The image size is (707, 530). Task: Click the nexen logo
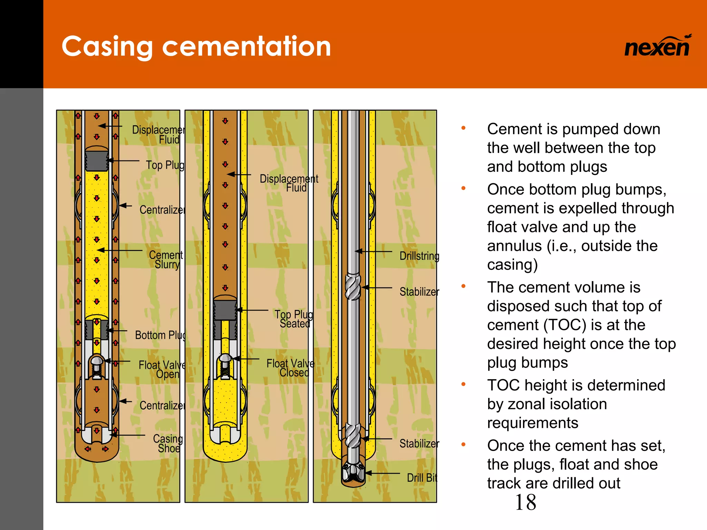(x=657, y=47)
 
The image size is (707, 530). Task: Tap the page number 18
(x=525, y=502)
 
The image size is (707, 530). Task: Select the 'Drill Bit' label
(x=422, y=478)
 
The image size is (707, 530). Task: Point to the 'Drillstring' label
(x=419, y=256)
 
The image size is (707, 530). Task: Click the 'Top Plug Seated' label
(x=294, y=319)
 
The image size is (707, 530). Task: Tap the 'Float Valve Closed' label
(x=290, y=368)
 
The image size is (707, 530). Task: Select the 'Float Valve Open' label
(x=162, y=370)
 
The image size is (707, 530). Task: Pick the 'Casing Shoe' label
(x=168, y=443)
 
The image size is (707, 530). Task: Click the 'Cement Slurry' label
(x=166, y=259)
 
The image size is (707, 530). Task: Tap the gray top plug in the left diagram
(x=97, y=159)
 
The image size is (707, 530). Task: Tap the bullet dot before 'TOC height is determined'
(x=464, y=384)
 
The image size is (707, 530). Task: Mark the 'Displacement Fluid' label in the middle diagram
(x=289, y=183)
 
